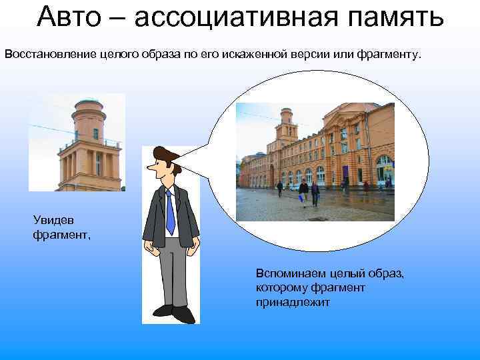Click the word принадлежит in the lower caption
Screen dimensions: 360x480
292,303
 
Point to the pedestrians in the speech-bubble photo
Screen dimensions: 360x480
307,192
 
